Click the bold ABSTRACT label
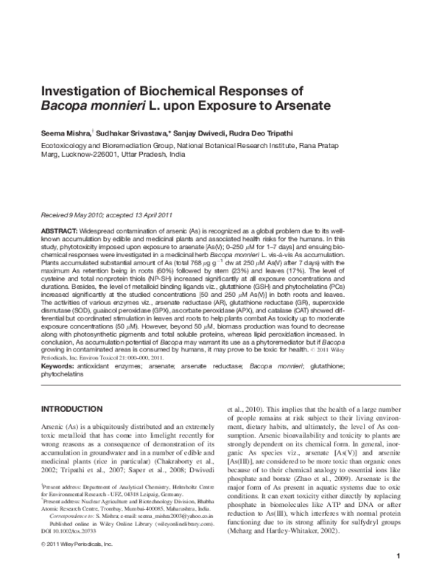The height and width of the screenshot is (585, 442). (60, 231)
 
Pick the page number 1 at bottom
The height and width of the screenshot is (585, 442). (398, 575)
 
